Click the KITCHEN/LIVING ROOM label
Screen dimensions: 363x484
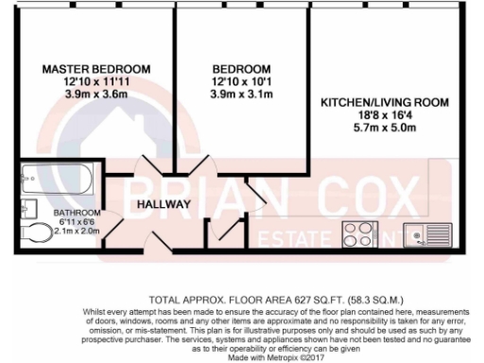(x=383, y=101)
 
